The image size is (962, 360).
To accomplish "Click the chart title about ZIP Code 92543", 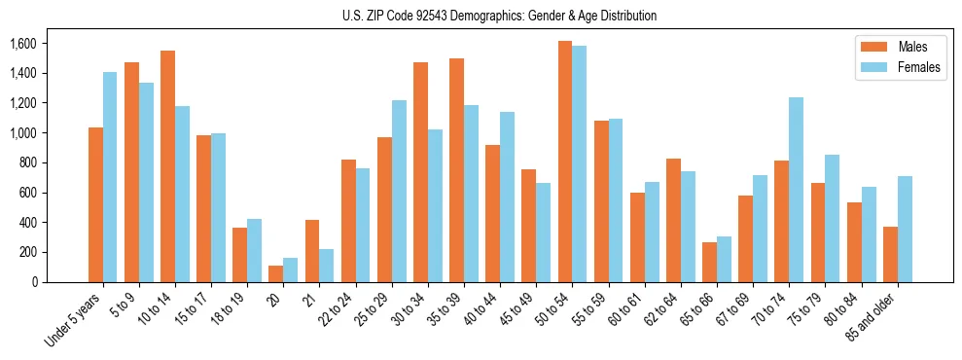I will (500, 16).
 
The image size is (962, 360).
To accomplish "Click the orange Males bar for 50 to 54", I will (565, 162).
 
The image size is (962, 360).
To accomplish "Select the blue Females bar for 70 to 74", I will (797, 190).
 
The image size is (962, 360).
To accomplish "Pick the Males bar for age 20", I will (276, 273).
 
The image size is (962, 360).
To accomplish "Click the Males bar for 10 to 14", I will (168, 166).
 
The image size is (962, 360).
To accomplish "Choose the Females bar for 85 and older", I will (905, 229).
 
